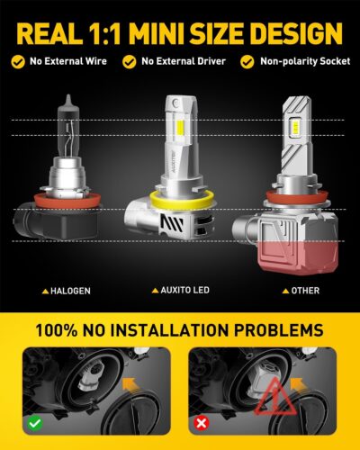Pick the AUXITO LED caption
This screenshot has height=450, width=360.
click(180, 291)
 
